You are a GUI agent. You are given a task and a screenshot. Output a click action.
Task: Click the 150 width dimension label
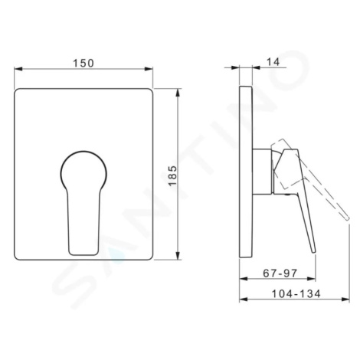pyautogui.click(x=83, y=63)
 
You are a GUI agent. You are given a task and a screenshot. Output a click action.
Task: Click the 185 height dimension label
pyautogui.click(x=173, y=176)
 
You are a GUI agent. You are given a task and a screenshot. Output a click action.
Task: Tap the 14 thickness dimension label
pyautogui.click(x=273, y=62)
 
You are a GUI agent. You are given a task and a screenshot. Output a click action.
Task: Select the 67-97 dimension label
pyautogui.click(x=280, y=273)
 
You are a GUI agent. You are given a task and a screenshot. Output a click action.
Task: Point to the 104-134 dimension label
pyautogui.click(x=296, y=294)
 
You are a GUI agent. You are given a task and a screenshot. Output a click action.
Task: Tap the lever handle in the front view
pyautogui.click(x=83, y=223)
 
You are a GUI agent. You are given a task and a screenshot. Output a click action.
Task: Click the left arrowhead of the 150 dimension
pyautogui.click(x=18, y=69)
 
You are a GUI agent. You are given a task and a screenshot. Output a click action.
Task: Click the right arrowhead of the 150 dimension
pyautogui.click(x=149, y=69)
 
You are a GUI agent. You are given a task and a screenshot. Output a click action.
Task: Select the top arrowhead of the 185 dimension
pyautogui.click(x=178, y=93)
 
